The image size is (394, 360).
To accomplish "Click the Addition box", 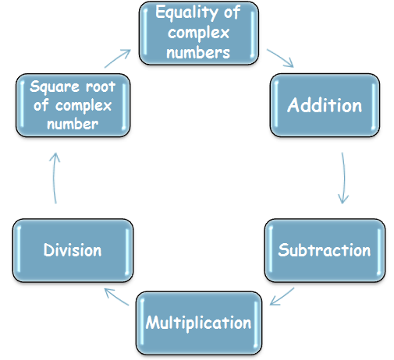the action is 325,105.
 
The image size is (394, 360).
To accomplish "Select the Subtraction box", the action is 325,250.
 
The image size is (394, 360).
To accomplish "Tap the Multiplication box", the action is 199,323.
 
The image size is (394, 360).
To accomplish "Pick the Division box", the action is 73,250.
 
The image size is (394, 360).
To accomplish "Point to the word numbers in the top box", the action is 198,52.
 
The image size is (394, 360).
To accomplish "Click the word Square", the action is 55,87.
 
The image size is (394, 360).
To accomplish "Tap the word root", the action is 101,86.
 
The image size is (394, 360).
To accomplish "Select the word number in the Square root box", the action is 73,124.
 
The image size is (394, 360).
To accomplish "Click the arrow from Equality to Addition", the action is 280,58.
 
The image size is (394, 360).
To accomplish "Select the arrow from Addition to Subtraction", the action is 343,178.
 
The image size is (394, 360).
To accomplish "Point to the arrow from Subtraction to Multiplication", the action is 282,296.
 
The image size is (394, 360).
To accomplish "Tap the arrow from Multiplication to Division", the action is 116,297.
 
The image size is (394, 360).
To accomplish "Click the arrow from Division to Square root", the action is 55,178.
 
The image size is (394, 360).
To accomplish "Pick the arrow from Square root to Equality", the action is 118,58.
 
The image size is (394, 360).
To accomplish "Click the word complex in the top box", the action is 198,34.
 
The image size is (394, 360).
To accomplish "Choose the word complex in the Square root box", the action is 83,106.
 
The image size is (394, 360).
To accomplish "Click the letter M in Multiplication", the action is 152,323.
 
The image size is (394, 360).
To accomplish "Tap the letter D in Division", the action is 48,249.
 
